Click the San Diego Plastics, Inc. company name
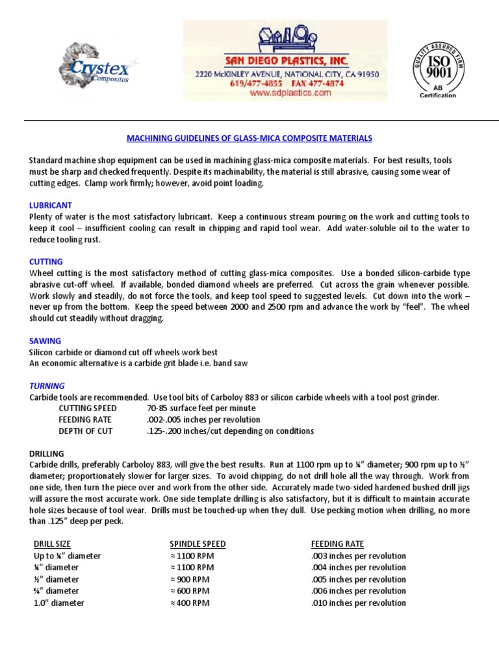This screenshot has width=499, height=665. (x=287, y=60)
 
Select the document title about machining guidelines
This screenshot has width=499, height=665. (x=249, y=138)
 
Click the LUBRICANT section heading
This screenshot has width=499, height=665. (x=50, y=205)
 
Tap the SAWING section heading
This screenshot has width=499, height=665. (x=45, y=340)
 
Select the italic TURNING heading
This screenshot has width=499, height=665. (x=47, y=386)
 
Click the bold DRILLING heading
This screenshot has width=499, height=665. (x=47, y=453)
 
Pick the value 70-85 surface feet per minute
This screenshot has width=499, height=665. (x=201, y=408)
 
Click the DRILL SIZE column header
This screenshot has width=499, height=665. (x=52, y=544)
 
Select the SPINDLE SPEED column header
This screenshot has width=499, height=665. (x=198, y=544)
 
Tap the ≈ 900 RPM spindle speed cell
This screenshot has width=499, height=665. (x=190, y=579)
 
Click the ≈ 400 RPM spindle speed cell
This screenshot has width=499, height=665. (x=190, y=603)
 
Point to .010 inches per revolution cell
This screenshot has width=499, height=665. (x=359, y=603)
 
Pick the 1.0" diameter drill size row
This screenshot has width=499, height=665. (x=58, y=603)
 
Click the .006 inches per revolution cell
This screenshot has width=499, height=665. (x=359, y=591)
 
